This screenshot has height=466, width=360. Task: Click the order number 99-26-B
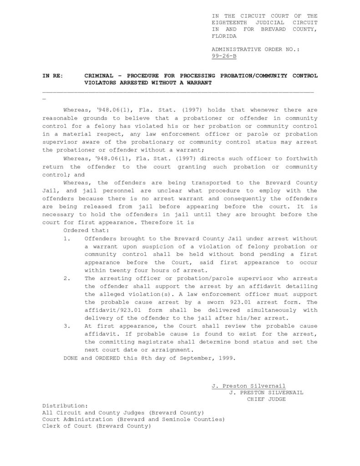click(x=224, y=56)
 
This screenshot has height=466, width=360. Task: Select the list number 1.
click(x=66, y=238)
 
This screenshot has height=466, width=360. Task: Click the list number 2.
click(x=66, y=278)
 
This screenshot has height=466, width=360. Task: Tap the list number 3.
click(x=66, y=326)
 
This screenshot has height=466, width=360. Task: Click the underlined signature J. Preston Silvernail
click(x=248, y=385)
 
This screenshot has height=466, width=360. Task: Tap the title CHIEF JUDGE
click(x=266, y=399)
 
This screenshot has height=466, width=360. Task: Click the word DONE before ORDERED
click(x=71, y=358)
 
